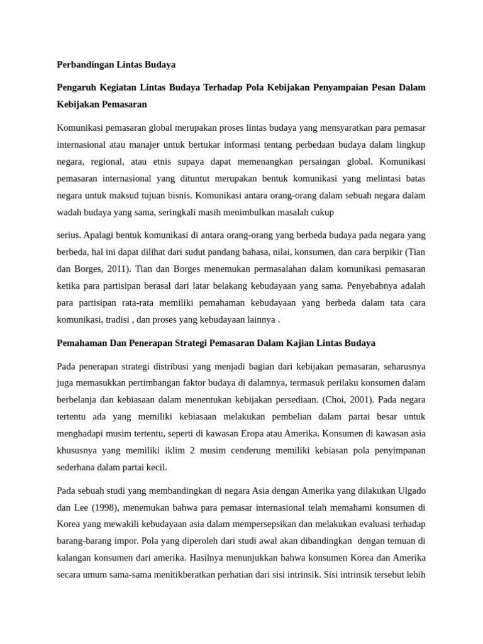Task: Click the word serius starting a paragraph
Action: click(68, 235)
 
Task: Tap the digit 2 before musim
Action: click(178, 450)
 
